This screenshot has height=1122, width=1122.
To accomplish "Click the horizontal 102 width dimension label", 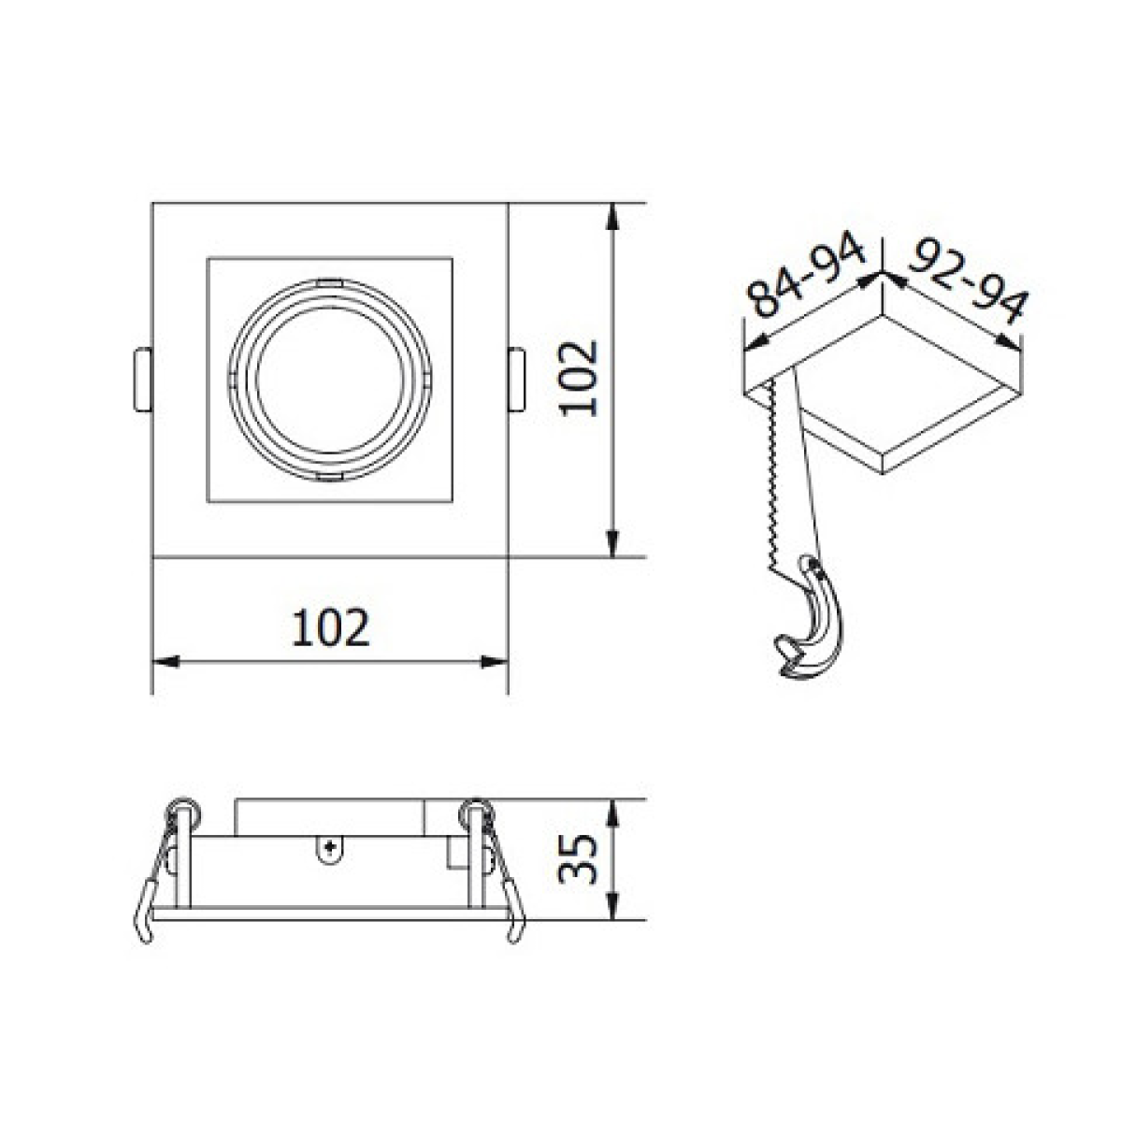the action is pos(330,627).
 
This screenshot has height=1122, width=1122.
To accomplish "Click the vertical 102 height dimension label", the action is pos(580,379).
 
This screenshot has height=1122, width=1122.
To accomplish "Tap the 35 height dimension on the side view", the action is pos(578,859).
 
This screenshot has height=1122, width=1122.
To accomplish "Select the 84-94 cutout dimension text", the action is pos(807,273).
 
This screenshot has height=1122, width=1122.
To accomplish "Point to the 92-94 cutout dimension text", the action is pos(968,281).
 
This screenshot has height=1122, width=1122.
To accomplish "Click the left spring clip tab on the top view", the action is pos(143,380).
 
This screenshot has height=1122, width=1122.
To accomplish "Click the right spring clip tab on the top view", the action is pos(516,380).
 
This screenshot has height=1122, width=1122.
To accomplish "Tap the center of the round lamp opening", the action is pos(329,380).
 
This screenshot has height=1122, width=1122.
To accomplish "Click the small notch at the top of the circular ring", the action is pos(329,283).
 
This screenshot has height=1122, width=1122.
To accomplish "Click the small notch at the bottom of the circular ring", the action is pos(329,477).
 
